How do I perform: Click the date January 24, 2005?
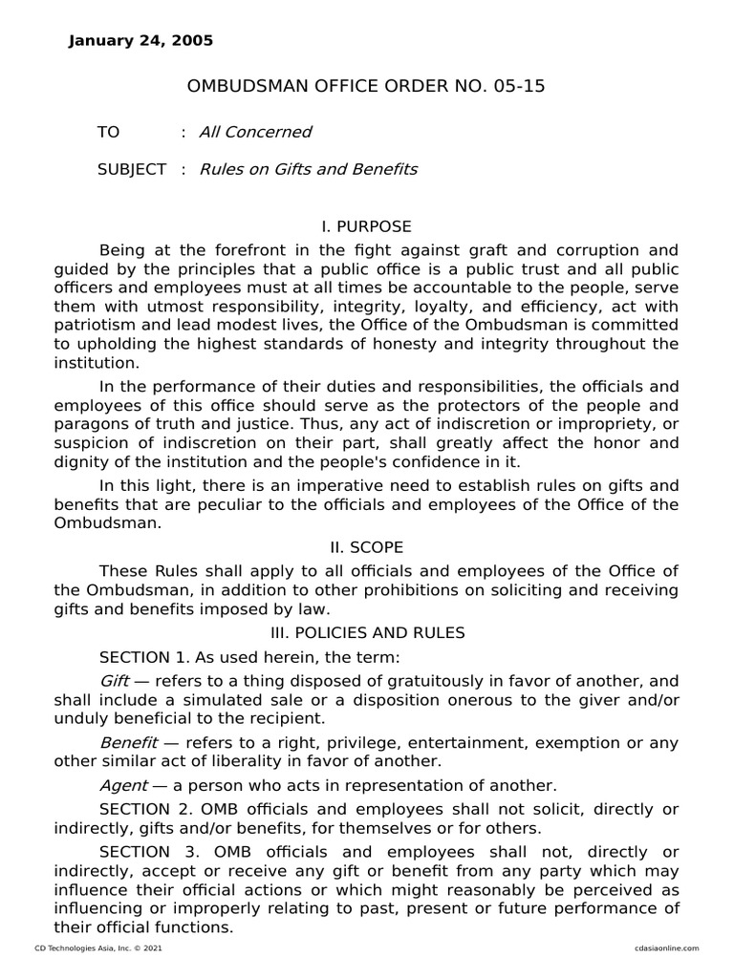[141, 41]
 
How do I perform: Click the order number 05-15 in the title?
[523, 87]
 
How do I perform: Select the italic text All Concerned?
[255, 132]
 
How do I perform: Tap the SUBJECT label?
[131, 169]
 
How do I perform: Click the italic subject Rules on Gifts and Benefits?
[308, 169]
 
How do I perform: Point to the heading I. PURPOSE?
[366, 226]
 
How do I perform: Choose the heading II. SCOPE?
[366, 547]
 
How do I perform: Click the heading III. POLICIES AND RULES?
[366, 632]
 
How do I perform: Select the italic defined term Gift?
[114, 681]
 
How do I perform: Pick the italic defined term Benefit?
[125, 742]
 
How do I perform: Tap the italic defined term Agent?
[123, 785]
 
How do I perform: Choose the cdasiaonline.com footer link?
[666, 947]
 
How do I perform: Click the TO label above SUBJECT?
[108, 132]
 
